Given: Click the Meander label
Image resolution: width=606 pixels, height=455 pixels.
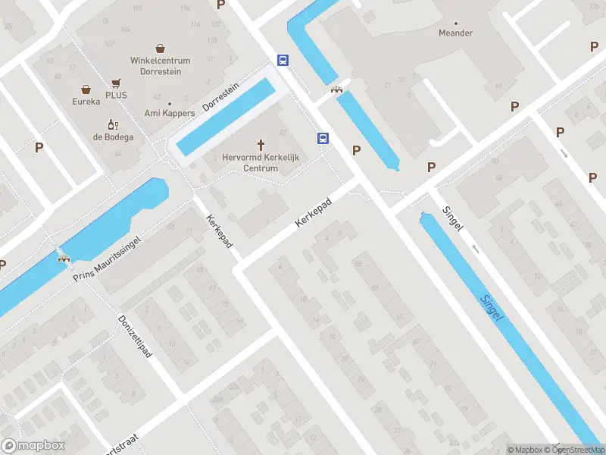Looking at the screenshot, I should (456, 33).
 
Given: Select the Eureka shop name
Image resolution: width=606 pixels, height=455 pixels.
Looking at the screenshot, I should (86, 101).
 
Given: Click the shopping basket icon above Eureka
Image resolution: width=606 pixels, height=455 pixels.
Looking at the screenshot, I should (86, 89).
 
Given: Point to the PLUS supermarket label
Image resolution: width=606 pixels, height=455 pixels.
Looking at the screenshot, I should (116, 95).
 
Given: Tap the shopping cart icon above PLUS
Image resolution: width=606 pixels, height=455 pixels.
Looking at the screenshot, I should (116, 83).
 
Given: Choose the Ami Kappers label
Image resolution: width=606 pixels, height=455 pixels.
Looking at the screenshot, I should (170, 113).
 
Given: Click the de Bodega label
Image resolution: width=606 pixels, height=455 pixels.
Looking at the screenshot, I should (114, 136).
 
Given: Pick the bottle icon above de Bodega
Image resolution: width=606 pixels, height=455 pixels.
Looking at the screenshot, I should (114, 124).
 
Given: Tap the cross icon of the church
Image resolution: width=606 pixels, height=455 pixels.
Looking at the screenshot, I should (261, 143).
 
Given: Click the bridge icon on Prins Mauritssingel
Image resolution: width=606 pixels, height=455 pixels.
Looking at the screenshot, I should (64, 258).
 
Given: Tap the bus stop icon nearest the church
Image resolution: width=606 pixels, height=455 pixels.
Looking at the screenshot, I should (323, 138).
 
